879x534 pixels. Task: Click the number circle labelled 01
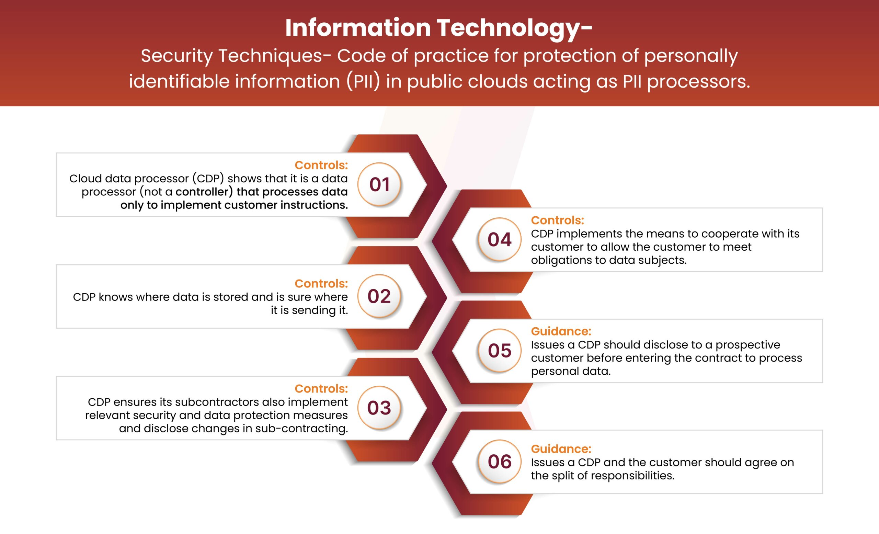click(x=379, y=184)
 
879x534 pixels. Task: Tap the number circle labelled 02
click(x=379, y=296)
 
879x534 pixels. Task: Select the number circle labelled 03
click(x=379, y=408)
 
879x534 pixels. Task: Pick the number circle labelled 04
click(x=500, y=239)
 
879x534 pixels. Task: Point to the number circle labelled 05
click(x=500, y=351)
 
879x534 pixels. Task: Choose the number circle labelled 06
click(x=500, y=462)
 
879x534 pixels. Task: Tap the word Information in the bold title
click(x=358, y=27)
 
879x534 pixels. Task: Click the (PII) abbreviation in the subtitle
click(x=363, y=81)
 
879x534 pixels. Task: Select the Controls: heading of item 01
click(x=321, y=165)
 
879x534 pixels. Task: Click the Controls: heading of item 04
click(x=557, y=220)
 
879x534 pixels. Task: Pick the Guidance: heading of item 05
click(x=561, y=331)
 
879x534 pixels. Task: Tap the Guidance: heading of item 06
click(x=561, y=449)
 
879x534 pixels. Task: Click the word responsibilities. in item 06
click(x=631, y=476)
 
